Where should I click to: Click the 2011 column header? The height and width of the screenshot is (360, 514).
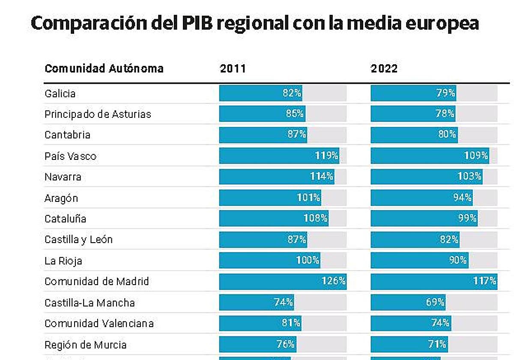pyautogui.click(x=233, y=69)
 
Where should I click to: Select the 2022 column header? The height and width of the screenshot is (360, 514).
pyautogui.click(x=384, y=69)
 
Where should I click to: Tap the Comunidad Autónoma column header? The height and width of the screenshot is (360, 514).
pyautogui.click(x=104, y=69)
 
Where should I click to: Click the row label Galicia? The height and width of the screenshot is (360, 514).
pyautogui.click(x=60, y=93)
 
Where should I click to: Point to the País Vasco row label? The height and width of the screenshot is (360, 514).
pyautogui.click(x=70, y=156)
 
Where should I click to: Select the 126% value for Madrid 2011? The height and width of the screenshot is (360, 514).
pyautogui.click(x=334, y=281)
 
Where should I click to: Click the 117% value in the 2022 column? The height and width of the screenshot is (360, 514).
pyautogui.click(x=485, y=281)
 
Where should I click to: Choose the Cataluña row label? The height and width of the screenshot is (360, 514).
pyautogui.click(x=65, y=219)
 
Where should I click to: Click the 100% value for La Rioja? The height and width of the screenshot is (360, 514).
pyautogui.click(x=308, y=260)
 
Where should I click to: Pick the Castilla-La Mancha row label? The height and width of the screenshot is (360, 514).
pyautogui.click(x=90, y=303)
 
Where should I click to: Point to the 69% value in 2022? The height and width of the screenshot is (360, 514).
pyautogui.click(x=435, y=302)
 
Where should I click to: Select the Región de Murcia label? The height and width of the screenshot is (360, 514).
pyautogui.click(x=85, y=345)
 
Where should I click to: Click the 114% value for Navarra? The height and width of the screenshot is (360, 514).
pyautogui.click(x=322, y=177)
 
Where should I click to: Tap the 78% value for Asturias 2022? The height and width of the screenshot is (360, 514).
pyautogui.click(x=445, y=114)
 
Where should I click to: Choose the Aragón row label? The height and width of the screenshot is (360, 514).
pyautogui.click(x=61, y=198)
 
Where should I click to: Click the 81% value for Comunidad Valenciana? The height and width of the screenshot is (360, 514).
pyautogui.click(x=291, y=323)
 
